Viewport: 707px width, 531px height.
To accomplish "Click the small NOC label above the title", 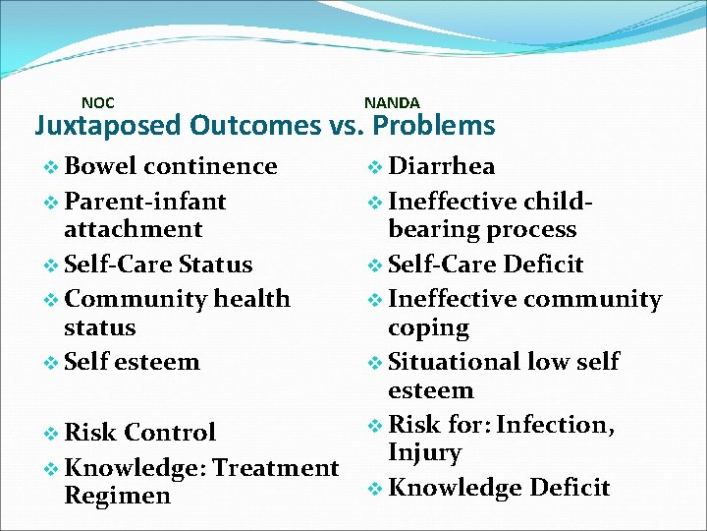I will pyautogui.click(x=97, y=102).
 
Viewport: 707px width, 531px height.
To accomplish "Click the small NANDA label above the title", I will pyautogui.click(x=392, y=102).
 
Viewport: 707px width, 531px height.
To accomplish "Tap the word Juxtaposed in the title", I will pyautogui.click(x=108, y=126).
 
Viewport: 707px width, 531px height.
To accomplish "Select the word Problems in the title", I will pyautogui.click(x=434, y=126).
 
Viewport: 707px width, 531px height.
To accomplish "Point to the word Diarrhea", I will pyautogui.click(x=442, y=166).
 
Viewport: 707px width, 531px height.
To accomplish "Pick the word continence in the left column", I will pyautogui.click(x=217, y=166).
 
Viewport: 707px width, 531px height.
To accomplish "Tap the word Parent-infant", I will pyautogui.click(x=145, y=202).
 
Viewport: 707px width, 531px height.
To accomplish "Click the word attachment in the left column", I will pyautogui.click(x=133, y=229).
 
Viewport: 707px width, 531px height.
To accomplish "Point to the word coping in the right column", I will pyautogui.click(x=429, y=327).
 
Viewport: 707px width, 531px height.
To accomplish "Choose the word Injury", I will pyautogui.click(x=424, y=453).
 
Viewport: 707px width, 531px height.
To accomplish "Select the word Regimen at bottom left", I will pyautogui.click(x=117, y=496).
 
